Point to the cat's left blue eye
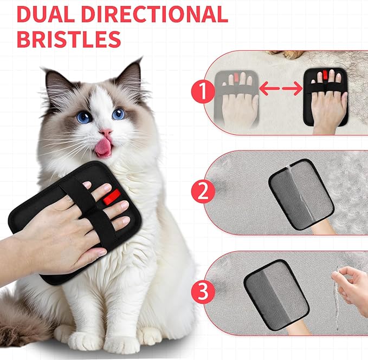tap(83, 116)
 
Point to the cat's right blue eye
tap(118, 114)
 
